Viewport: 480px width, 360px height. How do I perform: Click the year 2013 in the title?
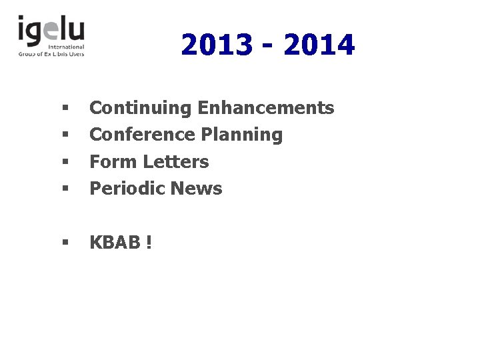click(217, 45)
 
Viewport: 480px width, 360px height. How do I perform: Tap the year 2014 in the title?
click(319, 45)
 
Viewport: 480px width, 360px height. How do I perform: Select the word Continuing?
click(141, 108)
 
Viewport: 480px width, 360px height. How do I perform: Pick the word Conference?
click(143, 135)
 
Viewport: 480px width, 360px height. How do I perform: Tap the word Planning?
click(242, 135)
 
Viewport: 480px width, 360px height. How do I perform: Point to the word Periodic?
click(127, 189)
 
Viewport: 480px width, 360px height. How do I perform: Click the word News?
click(196, 189)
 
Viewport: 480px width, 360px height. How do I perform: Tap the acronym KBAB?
click(114, 243)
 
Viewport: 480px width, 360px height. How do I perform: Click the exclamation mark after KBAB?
click(148, 243)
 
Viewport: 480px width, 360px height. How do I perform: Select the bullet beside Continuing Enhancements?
click(65, 107)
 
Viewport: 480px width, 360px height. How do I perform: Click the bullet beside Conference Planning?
click(65, 135)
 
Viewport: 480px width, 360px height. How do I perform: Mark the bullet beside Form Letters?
click(65, 162)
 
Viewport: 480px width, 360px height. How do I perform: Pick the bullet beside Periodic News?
click(65, 189)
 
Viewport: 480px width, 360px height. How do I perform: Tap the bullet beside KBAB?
click(65, 243)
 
